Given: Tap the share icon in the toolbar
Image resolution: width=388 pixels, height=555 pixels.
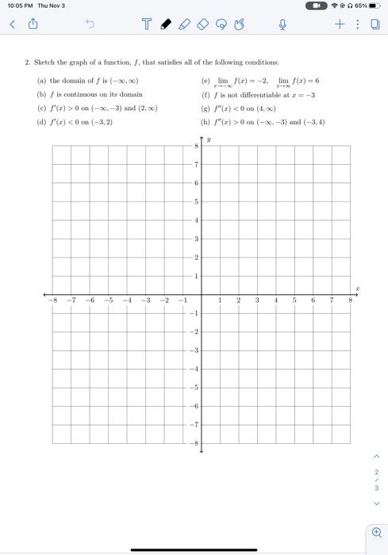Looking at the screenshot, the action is tap(34, 25).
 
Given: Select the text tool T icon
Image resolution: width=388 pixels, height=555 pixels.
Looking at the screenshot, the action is tap(148, 25).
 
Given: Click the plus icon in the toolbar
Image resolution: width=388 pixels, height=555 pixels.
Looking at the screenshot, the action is tap(339, 25).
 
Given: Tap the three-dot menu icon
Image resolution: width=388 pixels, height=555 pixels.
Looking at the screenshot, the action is tap(356, 25).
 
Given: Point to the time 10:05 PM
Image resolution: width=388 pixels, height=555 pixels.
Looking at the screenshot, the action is tap(20, 6).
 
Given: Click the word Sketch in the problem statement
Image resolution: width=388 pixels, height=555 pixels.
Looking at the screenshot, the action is tap(44, 62).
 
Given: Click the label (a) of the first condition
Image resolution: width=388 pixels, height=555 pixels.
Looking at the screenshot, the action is tap(41, 81).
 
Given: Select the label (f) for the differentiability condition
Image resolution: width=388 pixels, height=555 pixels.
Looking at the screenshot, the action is tap(206, 94).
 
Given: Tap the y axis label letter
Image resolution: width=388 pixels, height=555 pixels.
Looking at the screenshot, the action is tap(209, 140).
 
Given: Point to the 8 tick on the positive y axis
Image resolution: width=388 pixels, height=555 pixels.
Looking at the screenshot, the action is tap(195, 146).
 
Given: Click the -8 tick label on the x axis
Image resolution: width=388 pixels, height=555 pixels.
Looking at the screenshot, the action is tap(52, 301).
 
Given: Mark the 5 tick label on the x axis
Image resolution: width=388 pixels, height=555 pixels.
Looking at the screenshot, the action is tap(294, 301).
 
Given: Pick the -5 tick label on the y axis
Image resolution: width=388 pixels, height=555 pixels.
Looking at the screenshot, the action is tap(193, 387).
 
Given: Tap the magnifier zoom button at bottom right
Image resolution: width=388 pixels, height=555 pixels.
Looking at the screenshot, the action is tap(375, 532).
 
